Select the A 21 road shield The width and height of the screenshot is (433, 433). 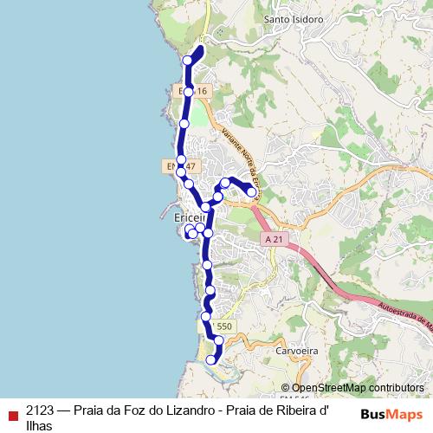tap(275, 238)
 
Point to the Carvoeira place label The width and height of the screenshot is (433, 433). tap(298, 352)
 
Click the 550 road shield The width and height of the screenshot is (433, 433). tap(224, 326)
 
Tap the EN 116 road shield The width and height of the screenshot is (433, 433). tap(193, 91)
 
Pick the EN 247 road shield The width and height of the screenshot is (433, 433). tap(181, 165)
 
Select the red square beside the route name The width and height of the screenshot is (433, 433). tap(12, 413)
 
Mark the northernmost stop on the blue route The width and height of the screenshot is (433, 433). tap(188, 60)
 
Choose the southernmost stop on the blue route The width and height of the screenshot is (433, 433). tap(210, 359)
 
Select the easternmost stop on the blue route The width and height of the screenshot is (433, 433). tap(252, 192)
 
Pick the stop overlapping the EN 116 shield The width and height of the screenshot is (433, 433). tap(188, 91)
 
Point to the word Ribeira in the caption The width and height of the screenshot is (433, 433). tap(300, 411)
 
